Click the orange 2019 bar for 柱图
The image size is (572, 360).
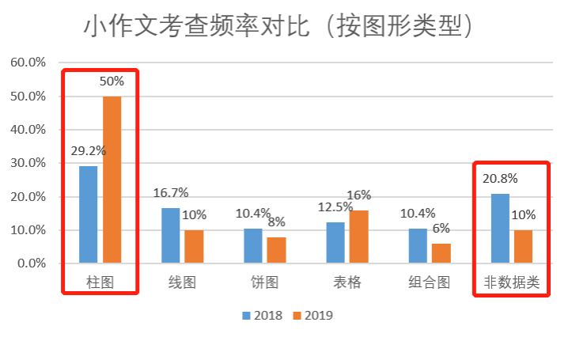pos(112,180)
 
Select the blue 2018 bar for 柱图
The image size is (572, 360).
pos(89,214)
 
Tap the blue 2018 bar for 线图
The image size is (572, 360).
pos(171,235)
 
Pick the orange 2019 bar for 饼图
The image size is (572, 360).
pos(276,249)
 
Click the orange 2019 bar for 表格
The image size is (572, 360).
pos(358,236)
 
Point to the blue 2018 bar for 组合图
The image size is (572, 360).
pos(418,245)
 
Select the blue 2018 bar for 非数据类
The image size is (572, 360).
pos(500,228)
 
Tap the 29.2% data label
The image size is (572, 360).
pos(89,150)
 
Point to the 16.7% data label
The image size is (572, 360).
pos(170,192)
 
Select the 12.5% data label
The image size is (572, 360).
pos(336,207)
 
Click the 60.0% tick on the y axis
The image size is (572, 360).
pos(28,63)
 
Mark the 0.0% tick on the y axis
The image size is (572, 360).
pos(32,263)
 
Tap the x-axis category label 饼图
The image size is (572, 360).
pos(264,282)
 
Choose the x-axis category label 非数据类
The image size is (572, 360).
pos(511,282)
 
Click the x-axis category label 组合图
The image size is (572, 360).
pos(429,282)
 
